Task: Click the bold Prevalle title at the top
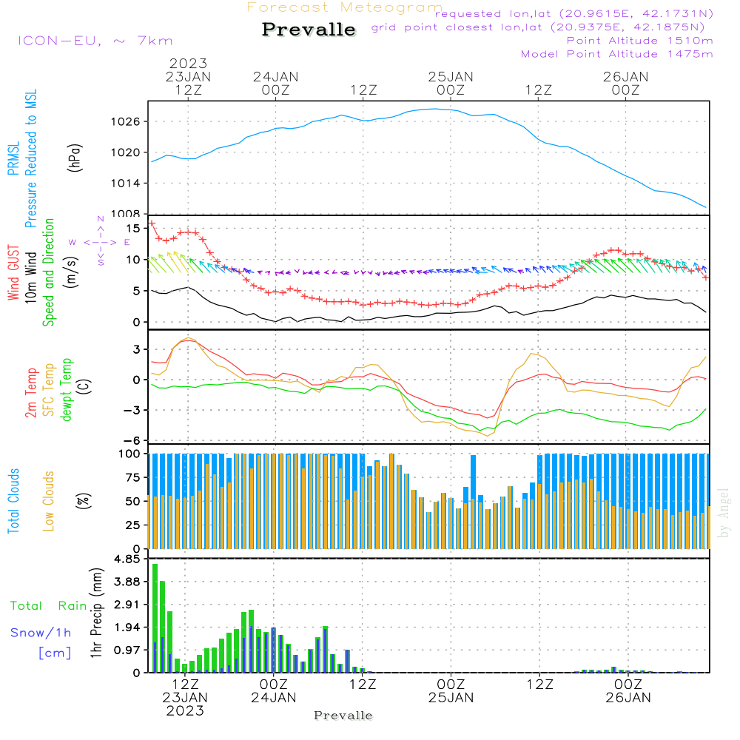point(309,30)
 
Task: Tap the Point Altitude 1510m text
point(639,41)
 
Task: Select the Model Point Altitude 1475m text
point(617,54)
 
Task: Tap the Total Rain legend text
point(49,606)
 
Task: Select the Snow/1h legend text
point(41,633)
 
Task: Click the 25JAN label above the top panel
point(451,77)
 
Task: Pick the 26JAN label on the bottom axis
point(628,697)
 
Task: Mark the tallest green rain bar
point(155,618)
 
